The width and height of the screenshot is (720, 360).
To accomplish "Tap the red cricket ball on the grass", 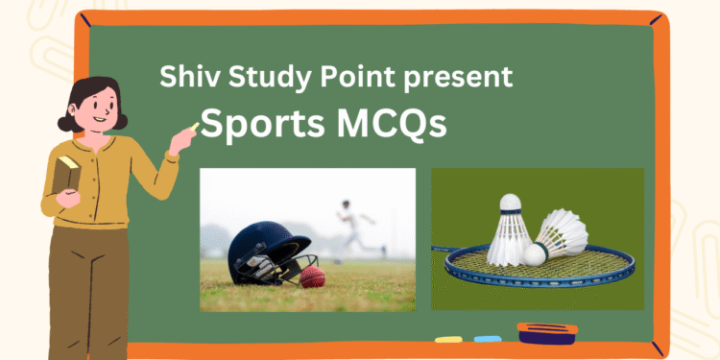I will (x=313, y=278).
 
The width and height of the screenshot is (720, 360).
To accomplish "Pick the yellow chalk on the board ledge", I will (x=448, y=339).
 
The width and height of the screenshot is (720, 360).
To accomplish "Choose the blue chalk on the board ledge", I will (x=488, y=339).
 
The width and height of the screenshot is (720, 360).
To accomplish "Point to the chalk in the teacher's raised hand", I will (x=195, y=127).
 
